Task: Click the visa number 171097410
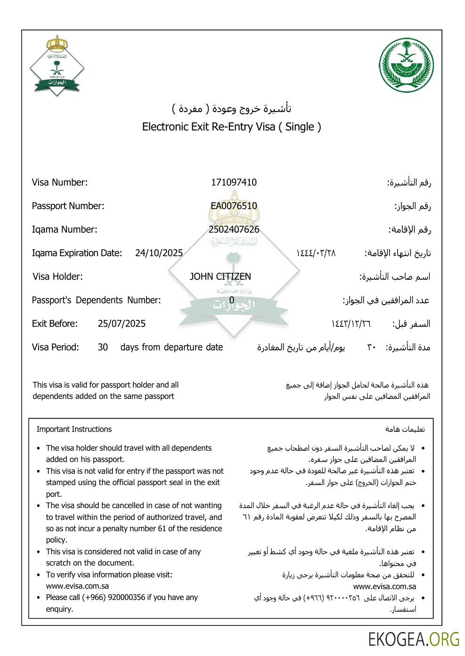234,182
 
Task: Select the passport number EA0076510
234,206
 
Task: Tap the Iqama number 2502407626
234,229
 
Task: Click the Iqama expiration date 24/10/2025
159,253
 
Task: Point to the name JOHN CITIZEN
220,276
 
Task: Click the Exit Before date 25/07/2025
122,324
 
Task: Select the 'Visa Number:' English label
59,182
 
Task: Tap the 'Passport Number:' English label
68,206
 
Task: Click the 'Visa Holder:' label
57,276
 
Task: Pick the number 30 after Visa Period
103,347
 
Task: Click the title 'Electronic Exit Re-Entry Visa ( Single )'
231,127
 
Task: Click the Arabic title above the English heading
231,108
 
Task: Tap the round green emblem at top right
406,65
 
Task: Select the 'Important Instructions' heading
74,429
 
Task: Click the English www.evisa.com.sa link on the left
77,586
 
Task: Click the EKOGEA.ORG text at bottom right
413,640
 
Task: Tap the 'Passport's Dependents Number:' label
96,300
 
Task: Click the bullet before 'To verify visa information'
39,575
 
